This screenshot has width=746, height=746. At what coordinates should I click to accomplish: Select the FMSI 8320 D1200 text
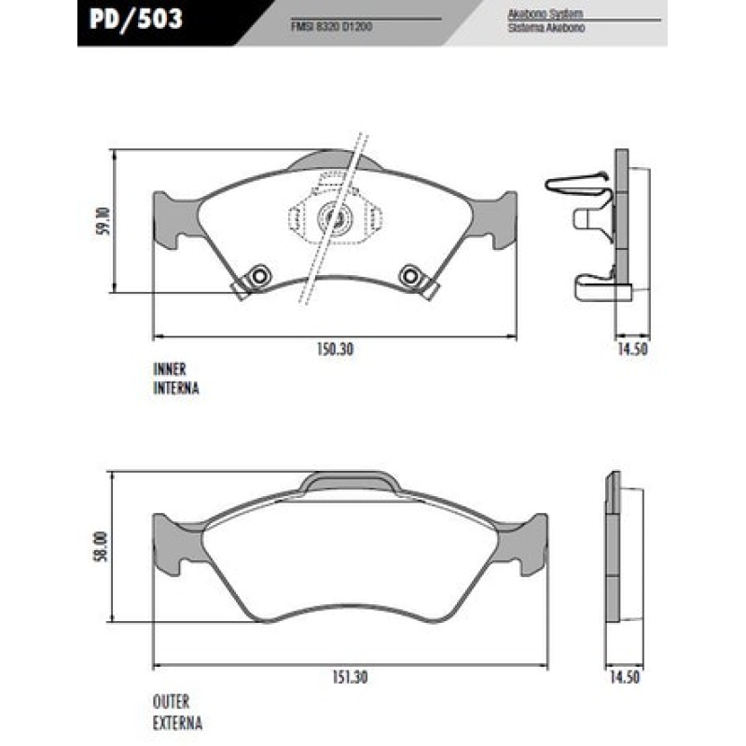pos(333,27)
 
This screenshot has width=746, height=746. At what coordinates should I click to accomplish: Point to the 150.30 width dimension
pos(335,350)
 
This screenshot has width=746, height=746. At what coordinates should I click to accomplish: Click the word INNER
pos(171,368)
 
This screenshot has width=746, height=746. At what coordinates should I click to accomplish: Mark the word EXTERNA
pos(177,723)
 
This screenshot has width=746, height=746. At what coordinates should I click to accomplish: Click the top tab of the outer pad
pos(350,481)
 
